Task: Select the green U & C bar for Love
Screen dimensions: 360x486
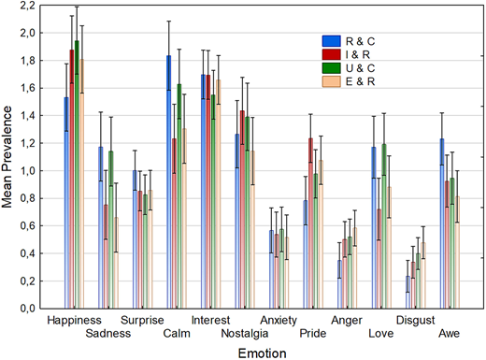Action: pos(385,225)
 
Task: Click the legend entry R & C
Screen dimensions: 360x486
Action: pos(346,42)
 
